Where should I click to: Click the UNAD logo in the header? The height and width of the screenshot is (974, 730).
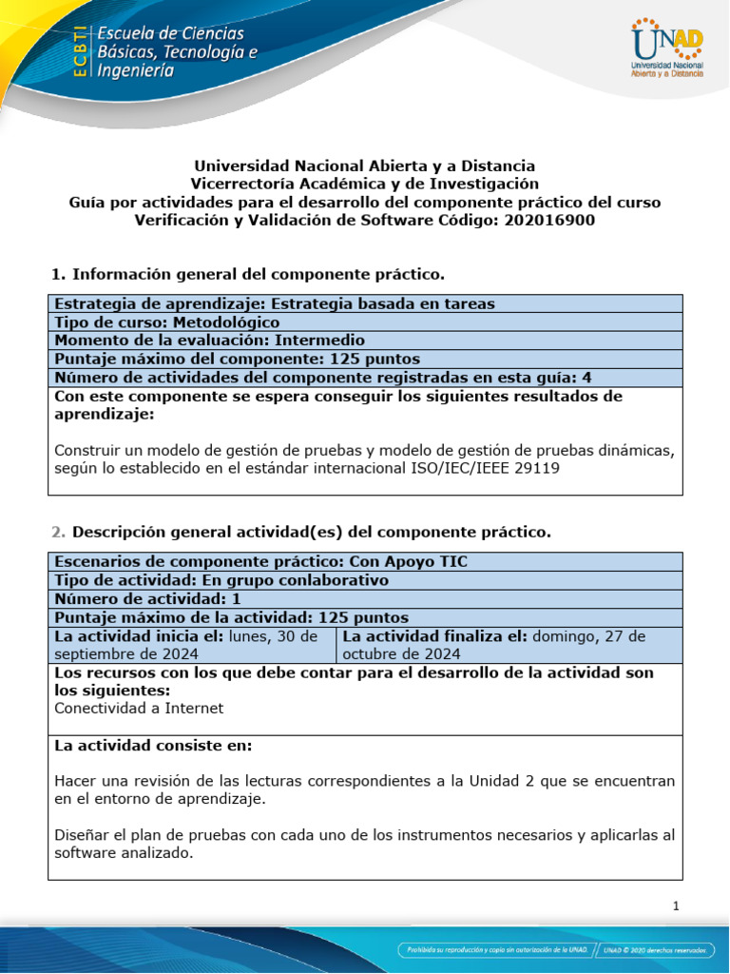[x=666, y=49]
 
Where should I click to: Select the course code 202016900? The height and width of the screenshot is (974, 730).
[x=548, y=221]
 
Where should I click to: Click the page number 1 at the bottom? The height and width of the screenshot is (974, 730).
[x=675, y=906]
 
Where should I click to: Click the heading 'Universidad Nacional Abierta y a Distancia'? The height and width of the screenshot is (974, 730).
[x=365, y=166]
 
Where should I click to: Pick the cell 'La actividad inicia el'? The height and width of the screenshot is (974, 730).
[x=191, y=645]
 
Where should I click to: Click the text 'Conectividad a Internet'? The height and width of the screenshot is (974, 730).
[x=140, y=708]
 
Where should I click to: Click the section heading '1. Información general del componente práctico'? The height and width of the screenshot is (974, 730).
[x=248, y=275]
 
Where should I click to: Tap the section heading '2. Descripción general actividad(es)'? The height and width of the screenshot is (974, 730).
[x=300, y=531]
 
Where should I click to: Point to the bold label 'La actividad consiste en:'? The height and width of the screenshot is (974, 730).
[x=154, y=746]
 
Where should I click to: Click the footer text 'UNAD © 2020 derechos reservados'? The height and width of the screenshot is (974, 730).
[x=655, y=949]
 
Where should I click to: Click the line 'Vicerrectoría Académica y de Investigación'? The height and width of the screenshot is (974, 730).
[x=365, y=184]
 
